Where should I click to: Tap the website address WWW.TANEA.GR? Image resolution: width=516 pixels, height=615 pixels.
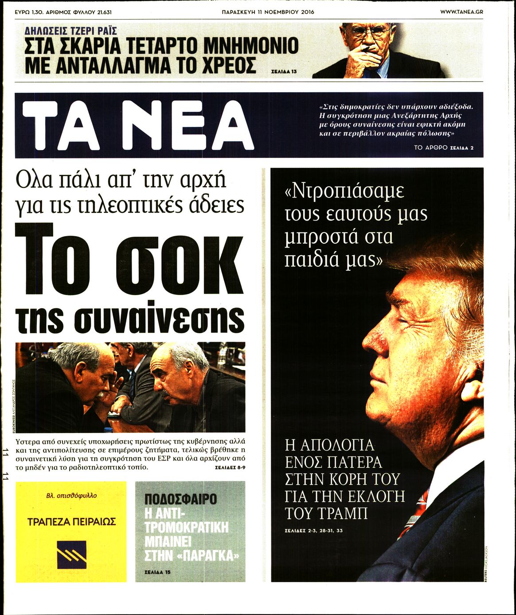point(461,12)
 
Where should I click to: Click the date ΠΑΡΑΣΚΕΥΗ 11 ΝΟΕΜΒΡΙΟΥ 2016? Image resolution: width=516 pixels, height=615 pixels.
point(268,12)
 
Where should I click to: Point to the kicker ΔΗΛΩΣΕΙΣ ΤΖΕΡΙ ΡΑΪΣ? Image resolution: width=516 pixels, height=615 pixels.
point(71,31)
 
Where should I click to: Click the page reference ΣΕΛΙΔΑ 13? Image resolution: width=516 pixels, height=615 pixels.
point(283,71)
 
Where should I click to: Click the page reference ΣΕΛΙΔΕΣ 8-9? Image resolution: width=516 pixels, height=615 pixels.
point(230,468)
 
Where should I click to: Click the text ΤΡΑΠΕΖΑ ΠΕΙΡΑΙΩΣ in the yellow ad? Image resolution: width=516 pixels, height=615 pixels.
point(71,521)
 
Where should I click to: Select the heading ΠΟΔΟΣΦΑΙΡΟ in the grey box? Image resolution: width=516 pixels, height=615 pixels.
point(180,499)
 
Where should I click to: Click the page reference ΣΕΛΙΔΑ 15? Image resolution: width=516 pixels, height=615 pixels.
point(157,572)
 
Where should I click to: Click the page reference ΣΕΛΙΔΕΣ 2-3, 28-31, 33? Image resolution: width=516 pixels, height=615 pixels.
point(314,531)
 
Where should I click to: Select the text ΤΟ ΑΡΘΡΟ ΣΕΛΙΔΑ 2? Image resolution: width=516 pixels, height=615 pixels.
point(443,148)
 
